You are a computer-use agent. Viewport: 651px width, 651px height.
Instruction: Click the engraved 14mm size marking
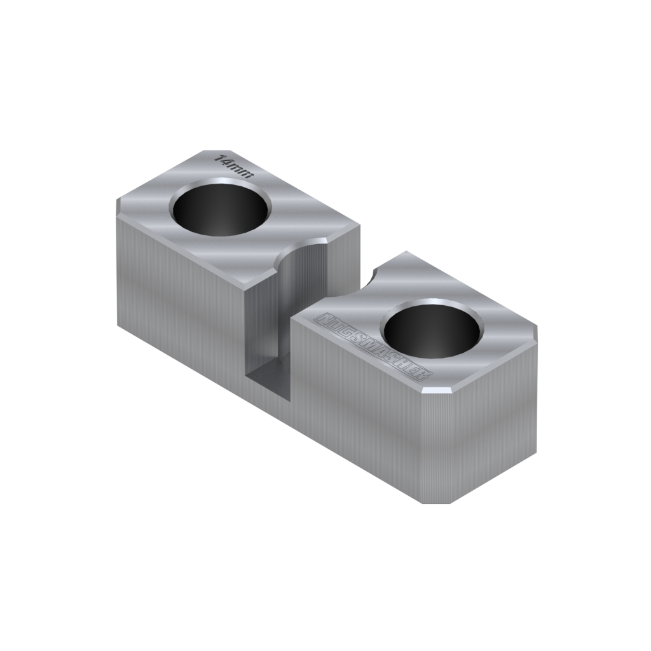point(233,166)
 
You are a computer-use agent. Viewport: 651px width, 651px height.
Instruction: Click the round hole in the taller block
point(221,207)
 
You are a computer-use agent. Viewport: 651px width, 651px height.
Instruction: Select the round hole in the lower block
point(432,328)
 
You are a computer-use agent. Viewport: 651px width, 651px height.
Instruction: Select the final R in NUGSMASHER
point(424,374)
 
